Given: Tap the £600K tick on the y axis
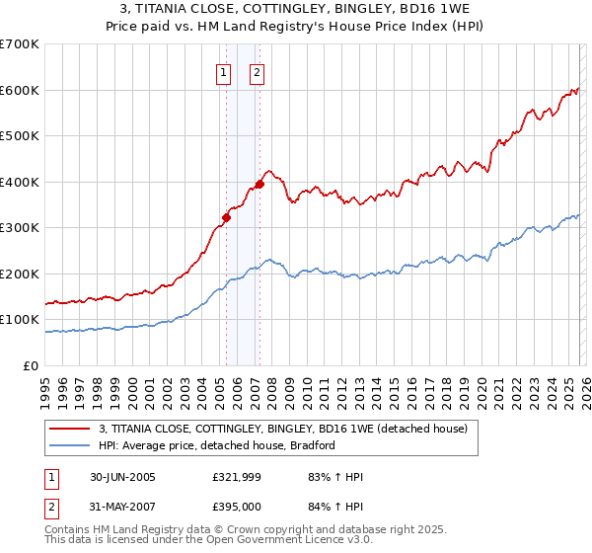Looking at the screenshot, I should [20, 90].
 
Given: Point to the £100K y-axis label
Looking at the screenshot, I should [20, 320].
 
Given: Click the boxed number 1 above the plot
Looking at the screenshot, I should [224, 71].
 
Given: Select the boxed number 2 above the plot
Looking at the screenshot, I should [257, 71].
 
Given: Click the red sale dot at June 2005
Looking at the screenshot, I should [226, 217].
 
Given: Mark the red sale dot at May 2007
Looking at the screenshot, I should [259, 184].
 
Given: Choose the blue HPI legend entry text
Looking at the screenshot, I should [217, 445].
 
